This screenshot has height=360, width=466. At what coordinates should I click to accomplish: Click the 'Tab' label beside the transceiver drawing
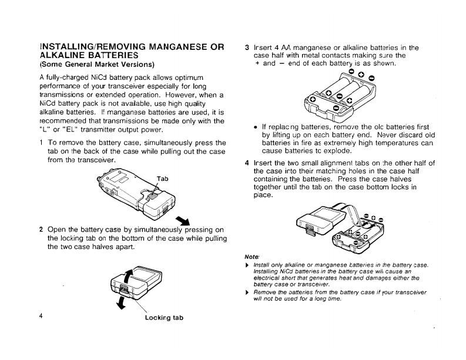163,179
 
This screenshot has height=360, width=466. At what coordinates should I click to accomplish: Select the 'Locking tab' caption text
164,318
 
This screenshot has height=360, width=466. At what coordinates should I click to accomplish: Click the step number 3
247,48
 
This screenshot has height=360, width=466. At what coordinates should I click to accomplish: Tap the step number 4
247,163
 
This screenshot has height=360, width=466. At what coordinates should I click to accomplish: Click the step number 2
41,230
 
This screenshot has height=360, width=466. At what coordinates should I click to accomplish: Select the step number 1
41,143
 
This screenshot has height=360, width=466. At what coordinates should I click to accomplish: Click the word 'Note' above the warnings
252,257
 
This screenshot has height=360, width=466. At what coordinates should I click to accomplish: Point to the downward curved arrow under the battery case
121,303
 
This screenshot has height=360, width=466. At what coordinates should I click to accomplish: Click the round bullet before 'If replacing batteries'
254,126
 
